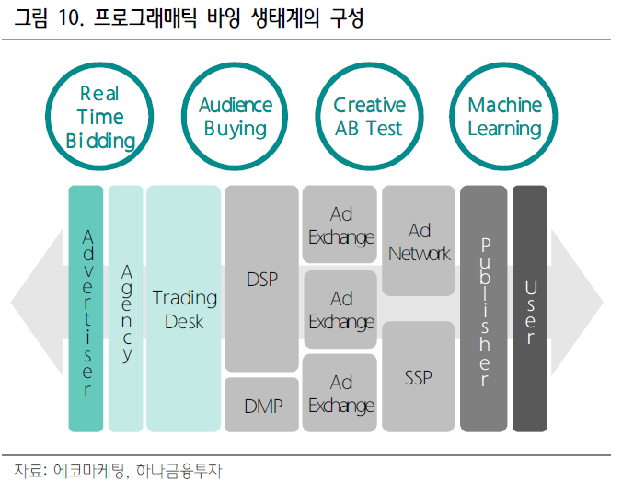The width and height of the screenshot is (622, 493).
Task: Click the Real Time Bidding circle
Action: tap(101, 117)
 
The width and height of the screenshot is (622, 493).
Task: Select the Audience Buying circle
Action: tap(236, 117)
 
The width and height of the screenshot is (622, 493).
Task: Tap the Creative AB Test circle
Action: tap(369, 117)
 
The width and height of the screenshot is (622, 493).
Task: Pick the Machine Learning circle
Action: tap(503, 117)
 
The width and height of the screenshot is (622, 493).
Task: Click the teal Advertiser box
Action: tap(86, 308)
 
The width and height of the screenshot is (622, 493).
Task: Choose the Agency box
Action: tap(126, 308)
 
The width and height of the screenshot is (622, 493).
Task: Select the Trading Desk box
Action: tap(184, 308)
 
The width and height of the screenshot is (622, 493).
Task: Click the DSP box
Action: tap(261, 279)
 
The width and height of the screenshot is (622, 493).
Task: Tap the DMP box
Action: tap(261, 405)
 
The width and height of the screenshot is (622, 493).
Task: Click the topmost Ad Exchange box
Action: tap(340, 225)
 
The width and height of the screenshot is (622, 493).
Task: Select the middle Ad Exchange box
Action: tap(340, 310)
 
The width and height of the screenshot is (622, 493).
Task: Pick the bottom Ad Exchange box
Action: tap(340, 394)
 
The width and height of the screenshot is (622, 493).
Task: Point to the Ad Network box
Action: tap(419, 241)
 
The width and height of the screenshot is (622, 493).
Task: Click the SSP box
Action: tap(419, 377)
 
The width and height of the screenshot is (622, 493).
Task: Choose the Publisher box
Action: tap(484, 308)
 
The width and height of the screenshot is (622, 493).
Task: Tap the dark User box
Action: tap(530, 308)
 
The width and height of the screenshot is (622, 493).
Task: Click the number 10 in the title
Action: tap(71, 20)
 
